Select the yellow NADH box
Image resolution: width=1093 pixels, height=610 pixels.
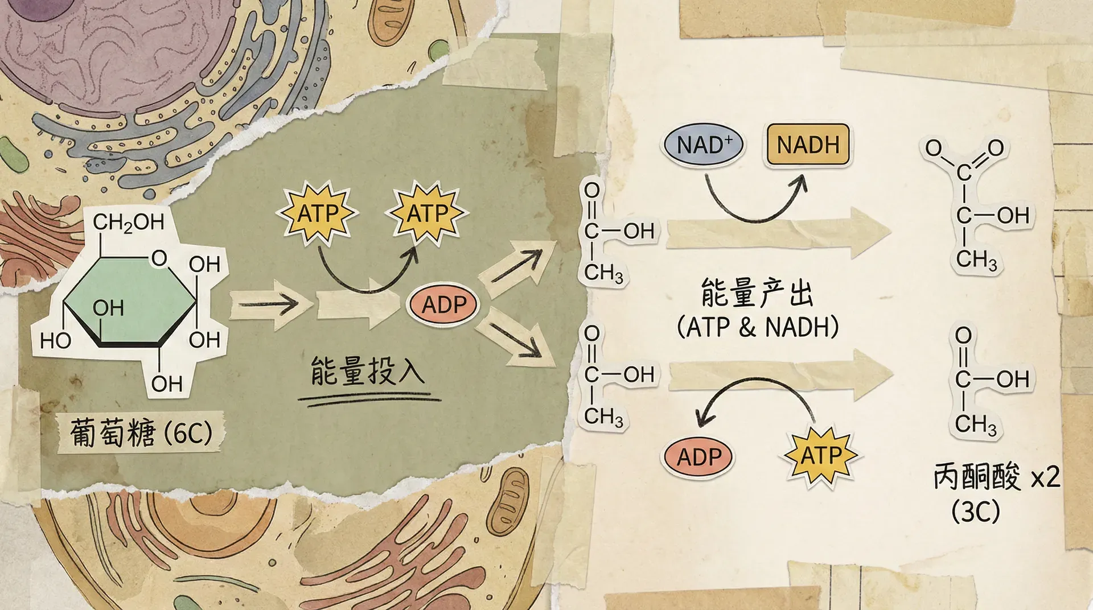[x=808, y=145]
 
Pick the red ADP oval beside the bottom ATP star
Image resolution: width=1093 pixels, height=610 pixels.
[x=698, y=457]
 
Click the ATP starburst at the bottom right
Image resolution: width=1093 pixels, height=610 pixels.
[x=820, y=456]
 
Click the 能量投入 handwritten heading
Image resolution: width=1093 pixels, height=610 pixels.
[x=368, y=370]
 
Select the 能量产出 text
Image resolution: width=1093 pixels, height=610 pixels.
[x=757, y=293]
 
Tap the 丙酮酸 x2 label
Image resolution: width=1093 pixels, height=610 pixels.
[x=996, y=476]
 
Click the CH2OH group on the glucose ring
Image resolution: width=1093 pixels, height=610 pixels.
[x=129, y=222]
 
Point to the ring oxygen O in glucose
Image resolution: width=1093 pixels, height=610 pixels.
[x=159, y=259]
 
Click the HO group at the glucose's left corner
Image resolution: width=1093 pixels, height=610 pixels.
[x=56, y=341]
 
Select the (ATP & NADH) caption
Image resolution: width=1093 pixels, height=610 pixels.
[x=758, y=327]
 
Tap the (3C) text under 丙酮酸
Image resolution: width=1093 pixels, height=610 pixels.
[x=975, y=512]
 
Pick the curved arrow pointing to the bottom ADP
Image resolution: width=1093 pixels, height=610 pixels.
[x=757, y=393]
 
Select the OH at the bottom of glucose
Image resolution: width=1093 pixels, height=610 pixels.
[x=167, y=384]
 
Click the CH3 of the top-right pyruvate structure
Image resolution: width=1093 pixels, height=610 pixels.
[x=976, y=260]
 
